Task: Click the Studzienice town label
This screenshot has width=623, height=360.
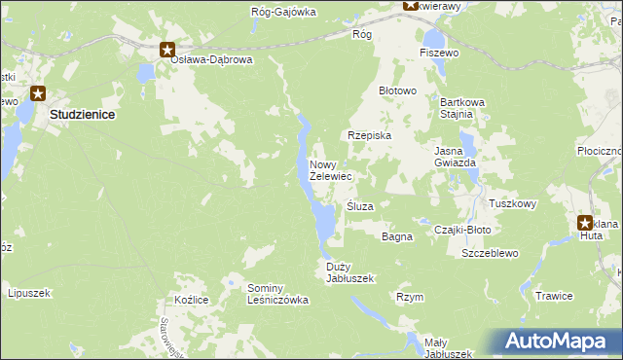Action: pos(82,114)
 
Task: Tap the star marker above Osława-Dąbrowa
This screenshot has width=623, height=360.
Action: pos(167,50)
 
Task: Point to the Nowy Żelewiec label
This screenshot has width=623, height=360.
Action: pos(330,170)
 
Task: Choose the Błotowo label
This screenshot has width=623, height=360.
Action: pos(397,90)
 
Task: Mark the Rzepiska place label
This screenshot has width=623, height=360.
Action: pos(369,136)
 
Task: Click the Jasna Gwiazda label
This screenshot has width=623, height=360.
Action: pos(455,157)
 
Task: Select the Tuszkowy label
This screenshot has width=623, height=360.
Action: pos(513,203)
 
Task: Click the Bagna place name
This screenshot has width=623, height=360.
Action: pos(397,236)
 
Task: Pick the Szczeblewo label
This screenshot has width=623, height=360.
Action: pos(492,252)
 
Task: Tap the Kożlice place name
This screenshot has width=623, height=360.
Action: pos(191,300)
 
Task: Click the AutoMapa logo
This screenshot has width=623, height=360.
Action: pos(561,342)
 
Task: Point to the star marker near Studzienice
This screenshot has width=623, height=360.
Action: pos(38,94)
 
